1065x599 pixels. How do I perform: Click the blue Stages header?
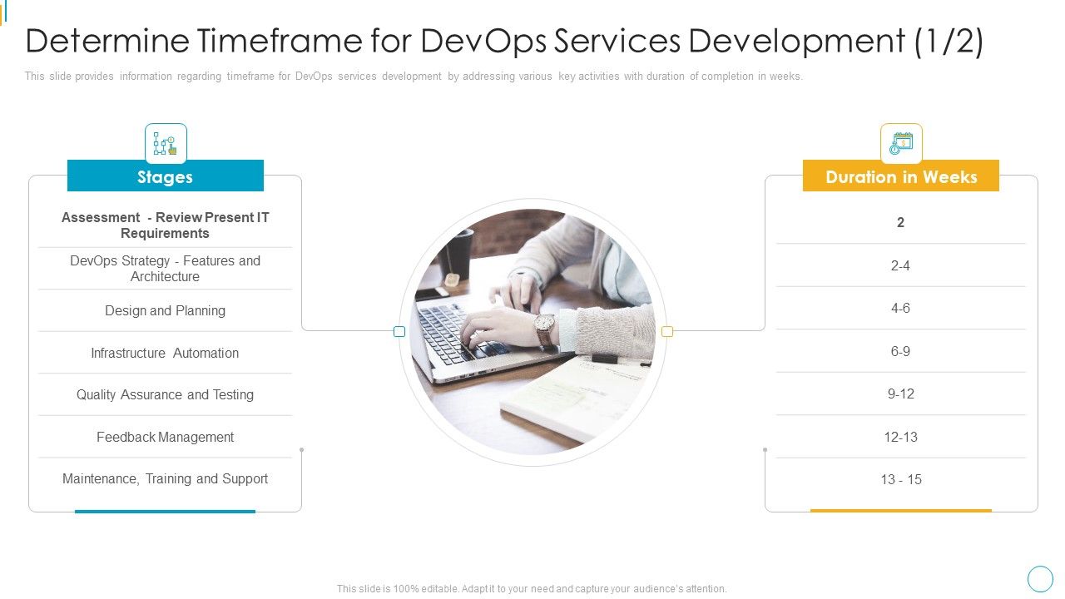pos(165,176)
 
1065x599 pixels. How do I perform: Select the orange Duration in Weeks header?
pos(900,176)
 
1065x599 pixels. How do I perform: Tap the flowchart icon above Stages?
pos(166,144)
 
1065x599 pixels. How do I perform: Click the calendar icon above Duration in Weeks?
pos(901,144)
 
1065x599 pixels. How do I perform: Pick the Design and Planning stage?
pos(165,310)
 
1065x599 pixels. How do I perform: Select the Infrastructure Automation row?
pos(165,353)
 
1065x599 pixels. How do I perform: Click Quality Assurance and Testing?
pos(165,394)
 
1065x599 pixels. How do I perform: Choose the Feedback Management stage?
pos(165,437)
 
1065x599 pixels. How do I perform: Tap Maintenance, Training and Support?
pos(165,478)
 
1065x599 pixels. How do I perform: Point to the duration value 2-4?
pos(900,265)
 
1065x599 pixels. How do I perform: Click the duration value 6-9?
pos(900,351)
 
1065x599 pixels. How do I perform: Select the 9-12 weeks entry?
pos(900,394)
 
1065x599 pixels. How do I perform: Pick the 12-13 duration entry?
pos(900,437)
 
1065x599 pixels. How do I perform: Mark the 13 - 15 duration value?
pos(900,479)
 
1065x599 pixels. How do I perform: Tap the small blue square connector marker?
pos(399,331)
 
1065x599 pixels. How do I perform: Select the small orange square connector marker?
pos(667,331)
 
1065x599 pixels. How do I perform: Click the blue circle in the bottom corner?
pos(1040,578)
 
